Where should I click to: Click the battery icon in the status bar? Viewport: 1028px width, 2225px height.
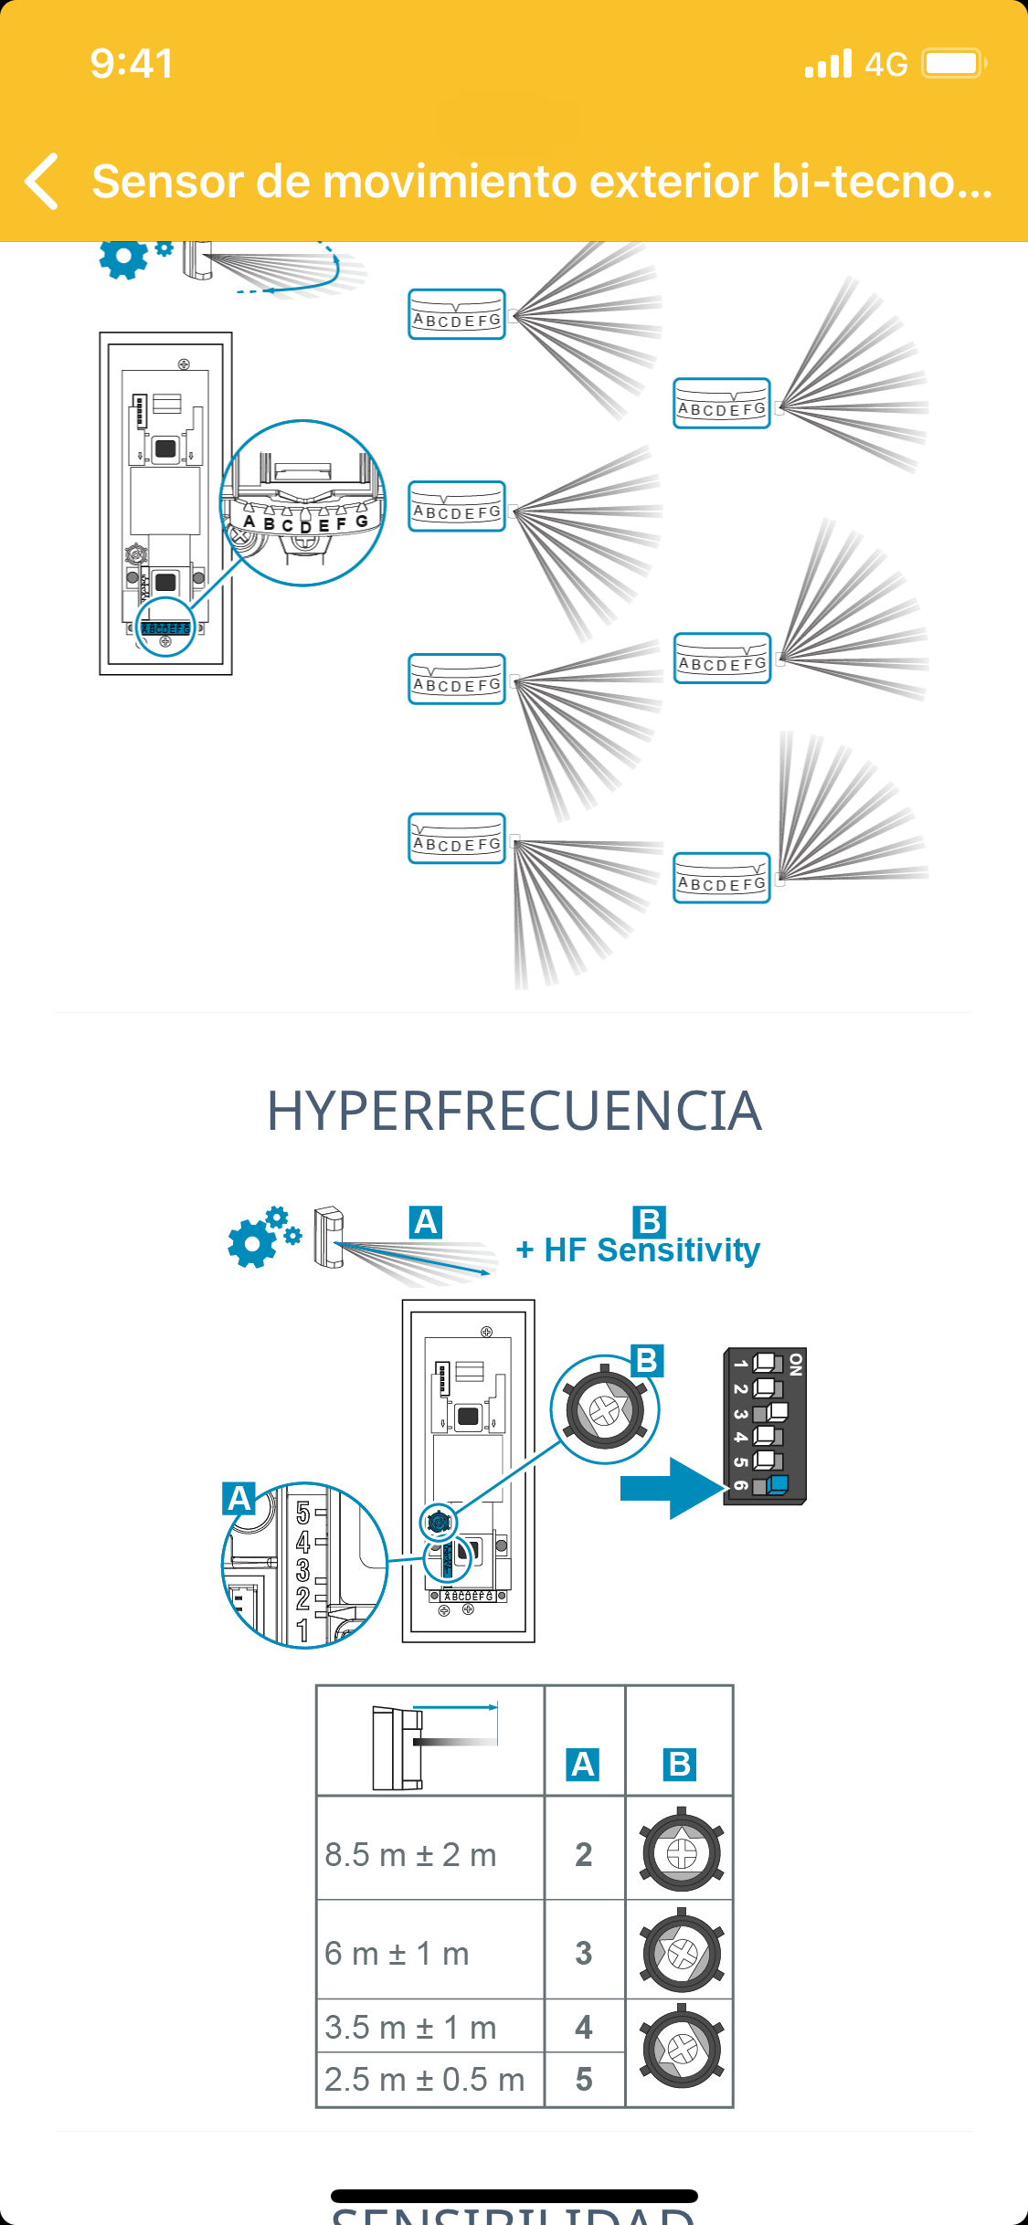pyautogui.click(x=954, y=64)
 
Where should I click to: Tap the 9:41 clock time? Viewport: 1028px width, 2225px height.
pyautogui.click(x=132, y=64)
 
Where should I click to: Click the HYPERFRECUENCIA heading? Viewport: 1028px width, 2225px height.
pyautogui.click(x=514, y=1112)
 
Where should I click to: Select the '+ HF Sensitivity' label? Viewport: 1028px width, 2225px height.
pyautogui.click(x=638, y=1250)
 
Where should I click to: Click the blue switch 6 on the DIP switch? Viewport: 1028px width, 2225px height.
pyautogui.click(x=776, y=1484)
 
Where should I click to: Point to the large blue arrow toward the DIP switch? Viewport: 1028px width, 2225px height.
pyautogui.click(x=672, y=1488)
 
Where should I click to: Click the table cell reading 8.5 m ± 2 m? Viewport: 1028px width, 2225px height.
pyautogui.click(x=411, y=1855)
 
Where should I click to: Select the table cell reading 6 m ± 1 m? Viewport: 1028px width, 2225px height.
pyautogui.click(x=397, y=1954)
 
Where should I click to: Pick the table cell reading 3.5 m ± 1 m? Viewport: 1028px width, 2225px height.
pyautogui.click(x=411, y=2028)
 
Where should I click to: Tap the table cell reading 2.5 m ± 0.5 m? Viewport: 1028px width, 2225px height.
pyautogui.click(x=425, y=2080)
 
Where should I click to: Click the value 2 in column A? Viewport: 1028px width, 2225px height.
pyautogui.click(x=584, y=1855)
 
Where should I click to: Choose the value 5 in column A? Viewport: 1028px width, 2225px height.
pyautogui.click(x=584, y=2080)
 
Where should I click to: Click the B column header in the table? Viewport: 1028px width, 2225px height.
pyautogui.click(x=680, y=1765)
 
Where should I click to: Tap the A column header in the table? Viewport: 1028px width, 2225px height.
pyautogui.click(x=583, y=1765)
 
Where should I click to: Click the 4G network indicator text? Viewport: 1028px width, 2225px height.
pyautogui.click(x=885, y=65)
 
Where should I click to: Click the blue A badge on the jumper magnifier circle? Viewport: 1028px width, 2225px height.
pyautogui.click(x=239, y=1499)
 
